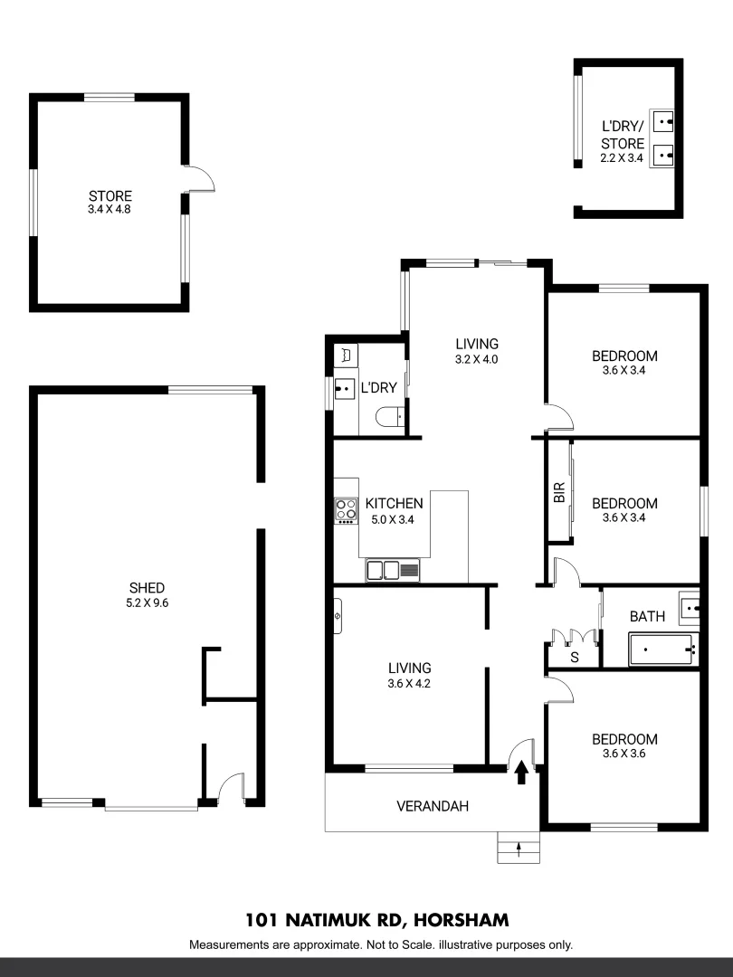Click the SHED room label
click(146, 587)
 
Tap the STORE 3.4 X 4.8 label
click(109, 203)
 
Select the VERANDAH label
click(433, 806)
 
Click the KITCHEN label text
click(394, 504)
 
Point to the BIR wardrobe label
click(558, 492)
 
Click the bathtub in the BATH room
click(662, 650)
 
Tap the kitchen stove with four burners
click(346, 510)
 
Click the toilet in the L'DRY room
click(390, 417)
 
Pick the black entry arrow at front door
click(521, 772)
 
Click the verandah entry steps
click(518, 849)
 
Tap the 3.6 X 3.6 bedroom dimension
click(624, 754)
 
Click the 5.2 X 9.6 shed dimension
click(146, 602)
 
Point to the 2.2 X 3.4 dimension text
click(623, 158)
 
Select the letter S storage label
click(574, 658)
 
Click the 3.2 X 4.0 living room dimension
click(477, 358)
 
